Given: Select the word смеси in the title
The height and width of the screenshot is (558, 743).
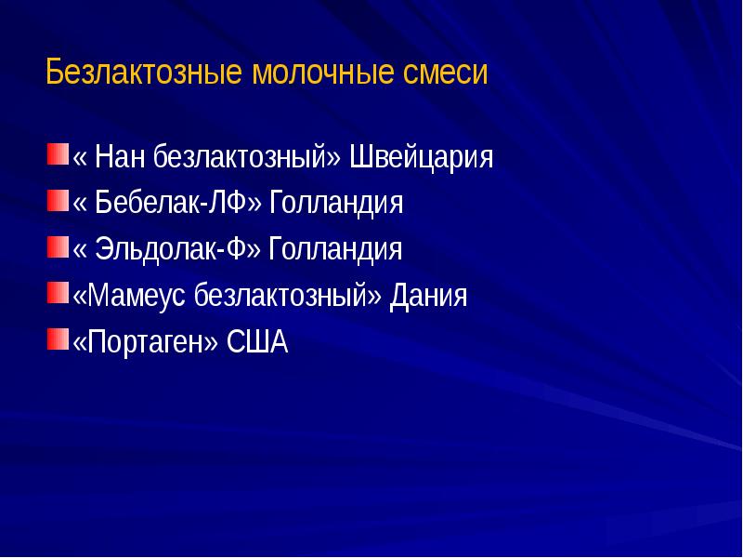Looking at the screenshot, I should (x=445, y=73).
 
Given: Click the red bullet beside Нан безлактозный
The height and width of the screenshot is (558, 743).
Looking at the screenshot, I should (x=58, y=152).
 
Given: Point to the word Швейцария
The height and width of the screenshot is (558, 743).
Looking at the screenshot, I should (x=421, y=157).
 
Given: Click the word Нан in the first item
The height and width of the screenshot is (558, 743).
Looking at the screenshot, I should (x=120, y=157).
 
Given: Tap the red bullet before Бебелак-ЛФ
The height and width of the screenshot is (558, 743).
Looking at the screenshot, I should (x=58, y=198).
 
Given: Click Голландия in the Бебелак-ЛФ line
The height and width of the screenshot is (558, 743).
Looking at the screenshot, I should (x=336, y=204).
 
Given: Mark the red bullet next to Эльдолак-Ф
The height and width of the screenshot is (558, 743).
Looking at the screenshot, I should (x=58, y=245).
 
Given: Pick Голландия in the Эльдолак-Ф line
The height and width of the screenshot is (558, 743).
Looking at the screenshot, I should (x=335, y=250).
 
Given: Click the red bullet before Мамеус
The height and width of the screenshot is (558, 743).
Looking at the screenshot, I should (x=58, y=291).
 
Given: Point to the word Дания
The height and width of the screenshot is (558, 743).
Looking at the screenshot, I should (x=428, y=297).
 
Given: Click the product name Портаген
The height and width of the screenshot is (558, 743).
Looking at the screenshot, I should (x=146, y=343).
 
